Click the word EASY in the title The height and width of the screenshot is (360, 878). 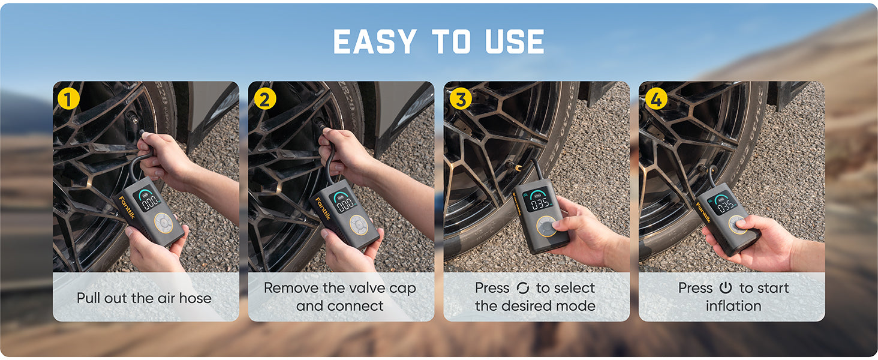tap(374, 41)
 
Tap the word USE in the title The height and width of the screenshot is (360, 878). tap(515, 41)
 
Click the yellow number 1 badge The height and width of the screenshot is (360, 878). tap(68, 98)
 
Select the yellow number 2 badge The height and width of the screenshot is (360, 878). tap(265, 98)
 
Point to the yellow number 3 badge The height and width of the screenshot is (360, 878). tap(461, 98)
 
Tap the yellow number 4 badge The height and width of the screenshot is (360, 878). tap(656, 98)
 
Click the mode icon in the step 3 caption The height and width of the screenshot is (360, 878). tap(523, 288)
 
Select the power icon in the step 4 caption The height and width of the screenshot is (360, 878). tap(726, 288)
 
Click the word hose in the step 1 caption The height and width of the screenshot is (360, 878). tap(195, 298)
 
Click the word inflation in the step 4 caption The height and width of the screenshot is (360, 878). tap(733, 306)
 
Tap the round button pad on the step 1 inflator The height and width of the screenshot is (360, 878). tap(163, 223)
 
